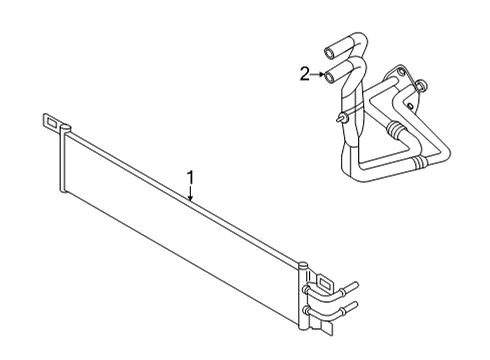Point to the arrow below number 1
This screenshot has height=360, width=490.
click(x=191, y=197)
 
